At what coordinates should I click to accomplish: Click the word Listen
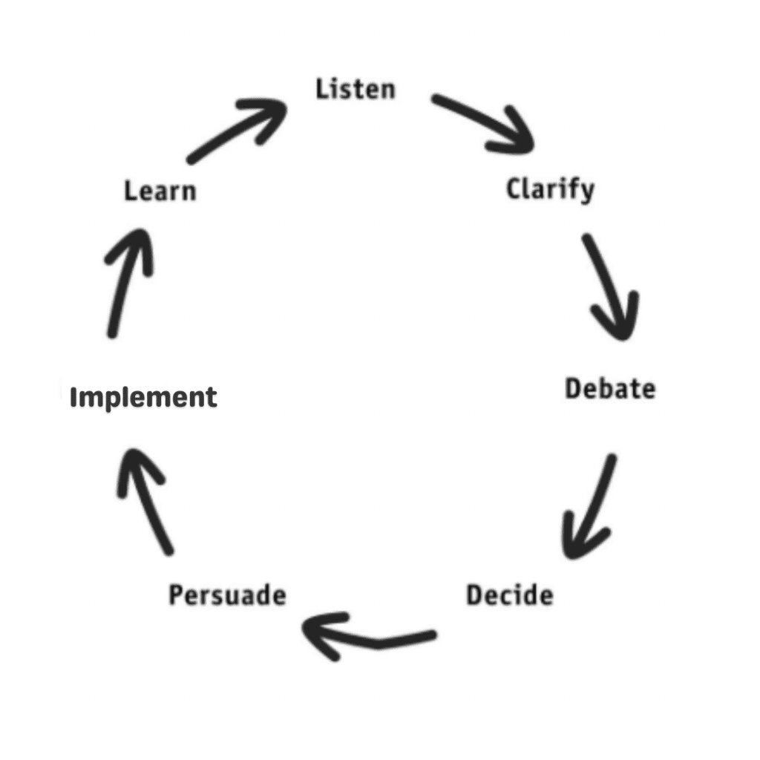pyautogui.click(x=356, y=90)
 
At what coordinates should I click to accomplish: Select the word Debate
pyautogui.click(x=610, y=389)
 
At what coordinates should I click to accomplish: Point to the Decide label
pyautogui.click(x=509, y=595)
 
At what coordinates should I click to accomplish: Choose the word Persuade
pyautogui.click(x=227, y=595)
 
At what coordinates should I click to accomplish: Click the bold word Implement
pyautogui.click(x=143, y=398)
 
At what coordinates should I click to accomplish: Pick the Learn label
pyautogui.click(x=160, y=191)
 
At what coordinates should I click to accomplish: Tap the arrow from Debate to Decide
pyautogui.click(x=591, y=507)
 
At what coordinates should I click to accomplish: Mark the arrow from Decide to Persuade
pyautogui.click(x=368, y=637)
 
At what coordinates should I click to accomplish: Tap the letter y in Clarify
pyautogui.click(x=586, y=191)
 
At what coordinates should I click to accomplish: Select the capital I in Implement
pyautogui.click(x=74, y=398)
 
